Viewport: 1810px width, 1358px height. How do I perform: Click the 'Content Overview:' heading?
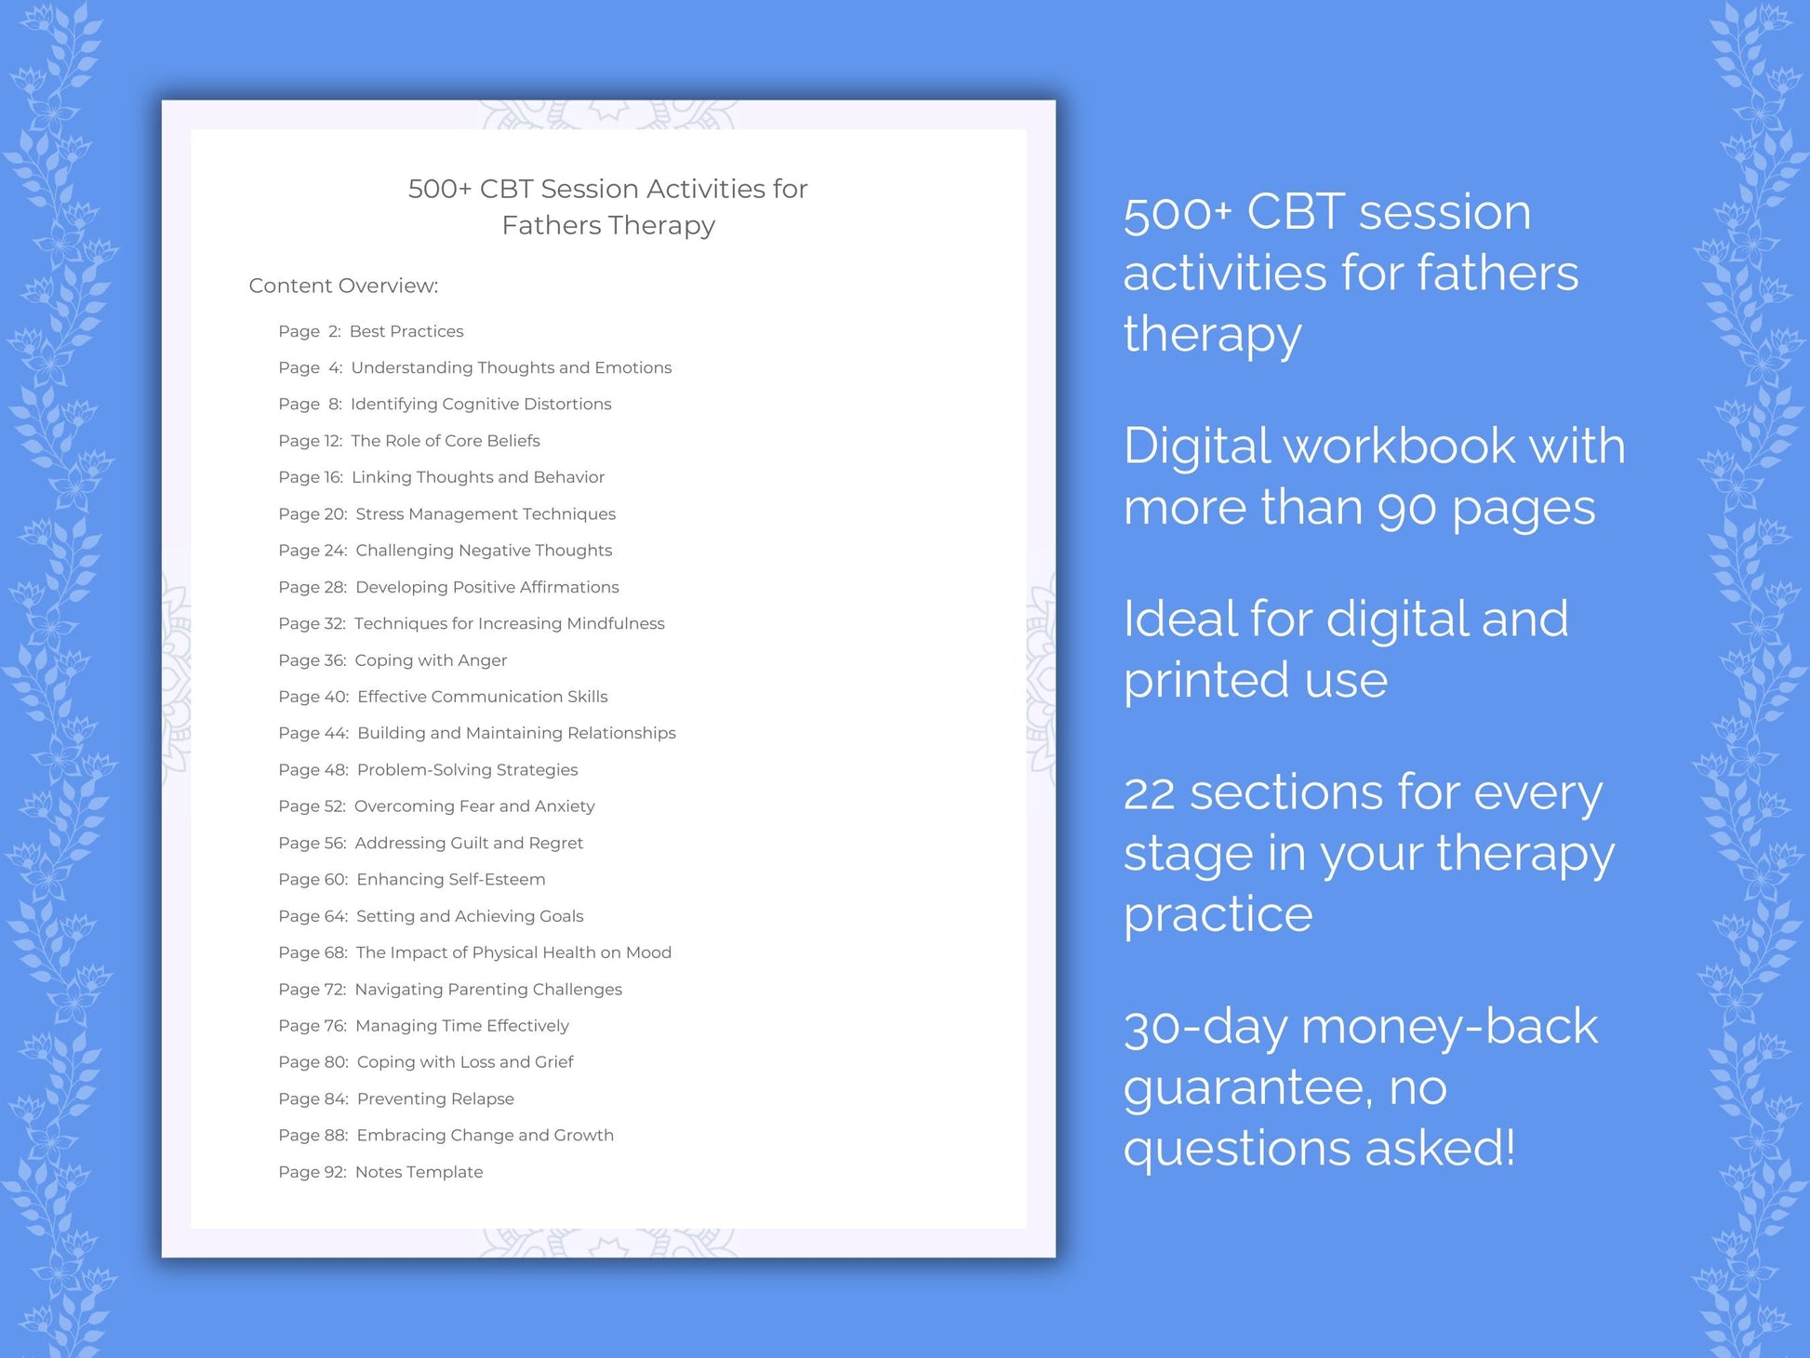coord(343,286)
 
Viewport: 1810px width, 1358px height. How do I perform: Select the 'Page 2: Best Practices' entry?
coord(370,331)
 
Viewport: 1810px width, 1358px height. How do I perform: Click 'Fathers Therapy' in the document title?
coord(608,225)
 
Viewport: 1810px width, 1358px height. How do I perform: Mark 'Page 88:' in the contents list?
coord(313,1136)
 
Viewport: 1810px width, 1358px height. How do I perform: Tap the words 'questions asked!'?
coord(1319,1148)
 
